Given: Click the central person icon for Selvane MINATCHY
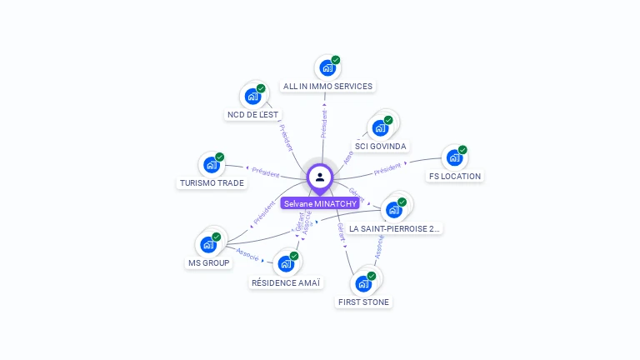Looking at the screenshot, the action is [x=320, y=177].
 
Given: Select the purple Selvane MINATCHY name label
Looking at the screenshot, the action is [x=320, y=203].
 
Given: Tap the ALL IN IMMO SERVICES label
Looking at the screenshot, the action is [x=327, y=86].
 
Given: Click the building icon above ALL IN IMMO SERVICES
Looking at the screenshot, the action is [x=327, y=67].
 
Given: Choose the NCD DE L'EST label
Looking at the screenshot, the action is [x=252, y=114].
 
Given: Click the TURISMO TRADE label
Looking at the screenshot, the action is [x=212, y=182].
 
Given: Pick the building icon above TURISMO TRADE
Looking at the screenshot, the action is [x=212, y=164].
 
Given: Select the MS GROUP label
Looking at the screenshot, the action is [x=208, y=262].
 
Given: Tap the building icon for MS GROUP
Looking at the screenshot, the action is [x=208, y=244].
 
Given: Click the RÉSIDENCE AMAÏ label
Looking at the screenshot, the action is [x=286, y=282].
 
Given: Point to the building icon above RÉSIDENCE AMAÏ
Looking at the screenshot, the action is [x=286, y=264].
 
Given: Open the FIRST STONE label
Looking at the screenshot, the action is [x=363, y=302].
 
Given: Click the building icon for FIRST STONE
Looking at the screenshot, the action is [x=363, y=283].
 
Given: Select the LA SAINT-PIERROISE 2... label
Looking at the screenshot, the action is [x=395, y=228].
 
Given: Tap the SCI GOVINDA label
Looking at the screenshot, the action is [x=381, y=146].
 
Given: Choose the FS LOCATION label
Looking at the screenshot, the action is [x=455, y=176].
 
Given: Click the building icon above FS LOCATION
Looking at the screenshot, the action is [x=454, y=157].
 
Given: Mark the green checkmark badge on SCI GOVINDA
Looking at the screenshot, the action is [x=388, y=120].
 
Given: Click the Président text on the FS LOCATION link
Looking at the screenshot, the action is [x=387, y=170].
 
